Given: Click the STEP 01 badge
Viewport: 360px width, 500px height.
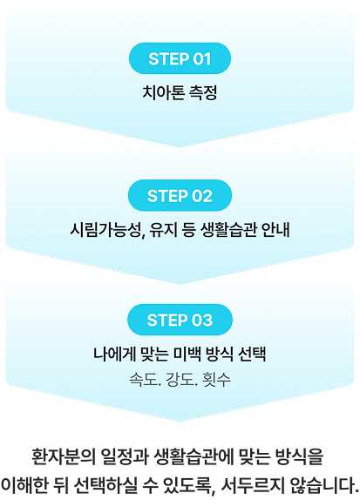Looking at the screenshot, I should (180, 59).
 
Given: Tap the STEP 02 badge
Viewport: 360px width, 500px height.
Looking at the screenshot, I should (180, 195).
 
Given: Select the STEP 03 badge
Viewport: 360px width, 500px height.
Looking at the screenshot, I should (180, 320).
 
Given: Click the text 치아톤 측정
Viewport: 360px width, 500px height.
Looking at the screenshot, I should (180, 91).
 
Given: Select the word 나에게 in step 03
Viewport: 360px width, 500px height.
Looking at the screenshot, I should (114, 355).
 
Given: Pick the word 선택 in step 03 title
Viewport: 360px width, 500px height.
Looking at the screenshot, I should (249, 355).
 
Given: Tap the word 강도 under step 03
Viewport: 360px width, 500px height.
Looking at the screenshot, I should (180, 381).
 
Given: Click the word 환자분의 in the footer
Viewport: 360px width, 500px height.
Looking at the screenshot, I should (61, 456).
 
